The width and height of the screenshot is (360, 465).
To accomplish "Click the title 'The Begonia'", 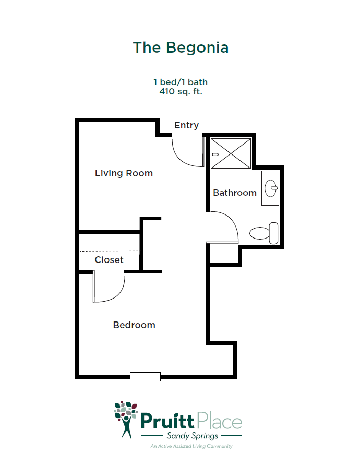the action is tap(181, 47).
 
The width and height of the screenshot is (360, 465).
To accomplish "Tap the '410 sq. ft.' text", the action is tap(181, 91).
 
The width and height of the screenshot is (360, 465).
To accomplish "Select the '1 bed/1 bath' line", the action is tap(181, 82).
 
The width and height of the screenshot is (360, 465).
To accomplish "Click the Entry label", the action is tap(187, 125).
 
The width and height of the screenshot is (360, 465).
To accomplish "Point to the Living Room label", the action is tap(124, 173).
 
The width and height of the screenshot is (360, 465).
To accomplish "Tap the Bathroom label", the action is tap(235, 193).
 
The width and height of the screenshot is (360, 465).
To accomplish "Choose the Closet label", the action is tap(109, 260).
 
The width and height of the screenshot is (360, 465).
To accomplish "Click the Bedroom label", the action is tap(134, 325).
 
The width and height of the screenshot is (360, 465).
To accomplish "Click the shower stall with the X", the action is tap(231, 153).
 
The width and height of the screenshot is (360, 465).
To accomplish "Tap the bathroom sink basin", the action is tap(271, 188).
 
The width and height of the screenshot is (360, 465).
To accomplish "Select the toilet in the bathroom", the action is tap(263, 233).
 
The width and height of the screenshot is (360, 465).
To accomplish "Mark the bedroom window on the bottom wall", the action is tap(146, 377).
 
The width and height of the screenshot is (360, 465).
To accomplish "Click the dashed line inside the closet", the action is tap(109, 251).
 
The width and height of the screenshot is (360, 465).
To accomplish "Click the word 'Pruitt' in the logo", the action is tap(167, 421).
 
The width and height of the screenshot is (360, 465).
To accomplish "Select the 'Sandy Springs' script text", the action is tap(192, 436).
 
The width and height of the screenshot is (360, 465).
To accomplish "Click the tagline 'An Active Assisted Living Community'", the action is tap(191, 446).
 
